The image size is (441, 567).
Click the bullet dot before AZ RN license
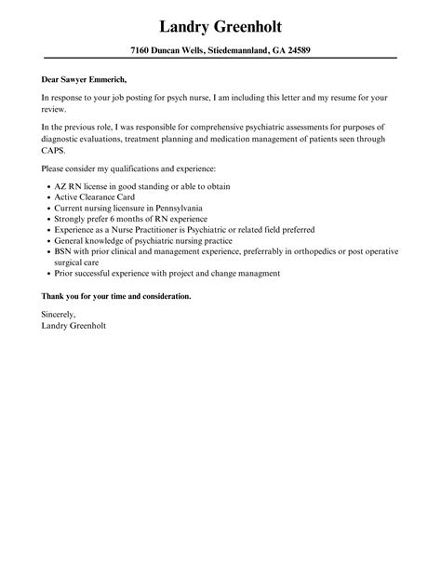pos(47,187)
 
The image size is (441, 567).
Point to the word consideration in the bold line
pos(161,296)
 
